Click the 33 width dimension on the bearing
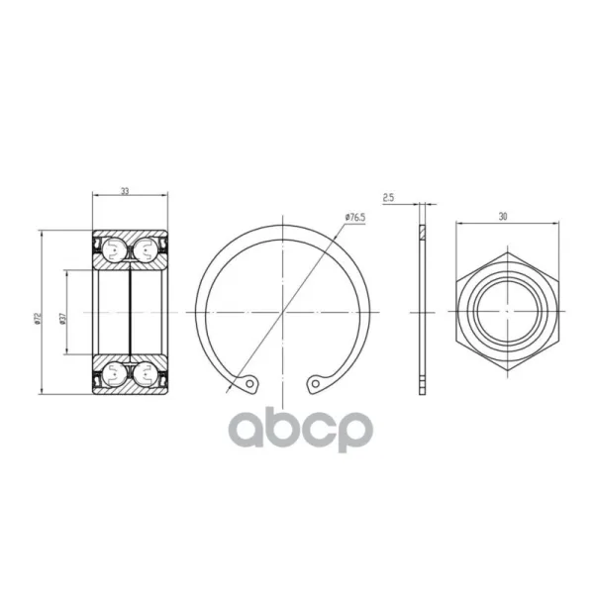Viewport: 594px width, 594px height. click(125, 191)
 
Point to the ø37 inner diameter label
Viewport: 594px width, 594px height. click(62, 319)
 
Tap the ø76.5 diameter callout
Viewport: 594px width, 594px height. click(355, 217)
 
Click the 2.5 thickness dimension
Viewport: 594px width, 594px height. click(388, 197)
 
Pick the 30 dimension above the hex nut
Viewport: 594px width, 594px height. click(503, 216)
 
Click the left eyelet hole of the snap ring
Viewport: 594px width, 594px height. click(249, 384)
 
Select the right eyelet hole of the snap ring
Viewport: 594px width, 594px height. click(315, 384)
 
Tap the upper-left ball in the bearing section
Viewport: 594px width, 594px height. click(115, 250)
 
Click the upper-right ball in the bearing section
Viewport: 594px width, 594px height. click(146, 250)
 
